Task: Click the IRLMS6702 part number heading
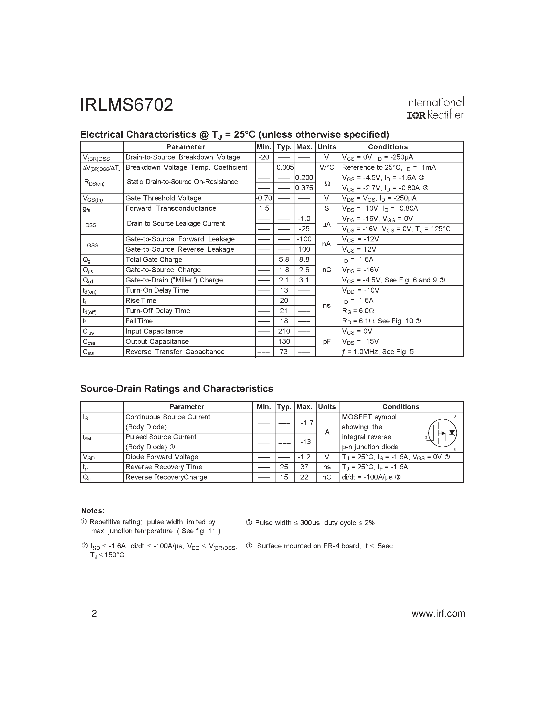(x=126, y=105)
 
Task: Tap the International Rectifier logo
(x=435, y=108)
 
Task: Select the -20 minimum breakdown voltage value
(x=264, y=157)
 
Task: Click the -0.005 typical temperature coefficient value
(x=284, y=168)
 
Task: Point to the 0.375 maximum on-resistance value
(x=304, y=188)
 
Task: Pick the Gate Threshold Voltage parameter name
(x=163, y=198)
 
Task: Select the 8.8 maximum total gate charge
(x=304, y=260)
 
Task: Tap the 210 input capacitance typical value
(x=284, y=331)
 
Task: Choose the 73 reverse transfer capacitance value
(x=284, y=352)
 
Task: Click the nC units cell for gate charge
(x=326, y=270)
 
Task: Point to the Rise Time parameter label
(x=141, y=301)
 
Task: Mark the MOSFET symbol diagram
(x=442, y=433)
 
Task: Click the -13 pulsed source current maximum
(x=305, y=442)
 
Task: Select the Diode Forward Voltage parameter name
(x=162, y=457)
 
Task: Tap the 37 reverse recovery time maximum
(x=304, y=467)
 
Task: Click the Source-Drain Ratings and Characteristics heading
(x=176, y=389)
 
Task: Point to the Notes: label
(x=93, y=511)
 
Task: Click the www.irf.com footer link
(x=438, y=613)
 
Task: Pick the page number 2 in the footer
(x=94, y=613)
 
